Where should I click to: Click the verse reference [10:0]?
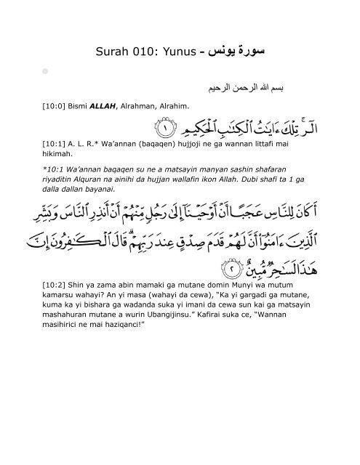coord(56,108)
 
